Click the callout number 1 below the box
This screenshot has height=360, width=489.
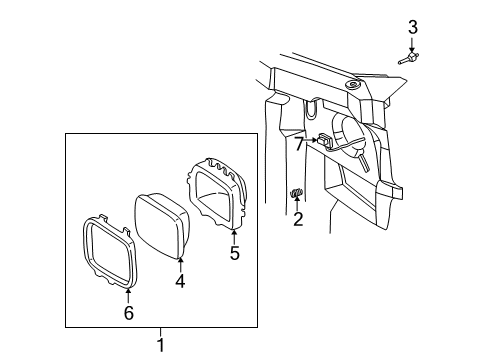point(160,344)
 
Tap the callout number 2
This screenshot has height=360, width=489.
point(297,220)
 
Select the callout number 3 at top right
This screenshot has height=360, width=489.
point(412,26)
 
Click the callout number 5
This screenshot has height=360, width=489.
point(234,252)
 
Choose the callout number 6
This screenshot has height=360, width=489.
point(128,312)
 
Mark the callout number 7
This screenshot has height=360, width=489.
point(299,144)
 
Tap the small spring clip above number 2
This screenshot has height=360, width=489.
point(296,194)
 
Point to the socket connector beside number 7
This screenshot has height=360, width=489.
point(326,142)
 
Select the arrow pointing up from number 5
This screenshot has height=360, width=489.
point(234,236)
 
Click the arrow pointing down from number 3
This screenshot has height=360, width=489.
point(412,43)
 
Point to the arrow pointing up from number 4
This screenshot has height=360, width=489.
point(181,264)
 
